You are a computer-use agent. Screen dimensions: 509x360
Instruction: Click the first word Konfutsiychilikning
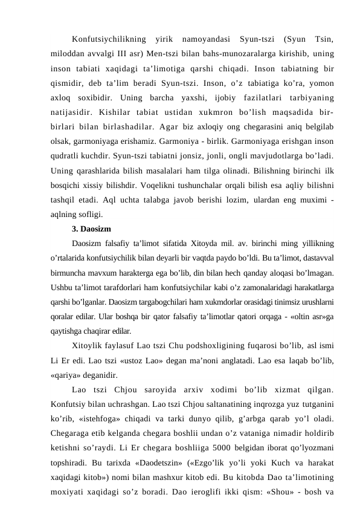108,40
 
